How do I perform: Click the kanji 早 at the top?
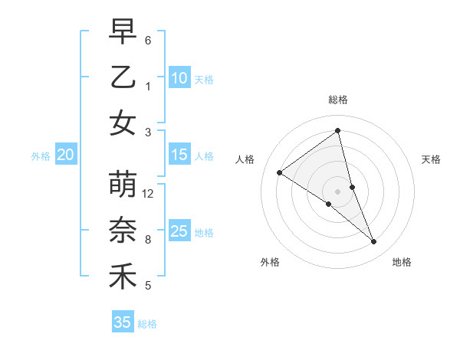tap(123, 32)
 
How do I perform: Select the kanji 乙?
tap(123, 77)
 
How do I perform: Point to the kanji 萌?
tap(123, 185)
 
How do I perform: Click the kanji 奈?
tap(123, 231)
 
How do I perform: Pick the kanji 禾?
tap(123, 277)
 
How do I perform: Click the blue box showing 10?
tap(179, 77)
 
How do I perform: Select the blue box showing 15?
tap(179, 155)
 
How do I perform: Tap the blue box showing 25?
tap(179, 231)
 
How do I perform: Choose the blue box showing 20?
tap(65, 155)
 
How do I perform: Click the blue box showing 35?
tap(122, 322)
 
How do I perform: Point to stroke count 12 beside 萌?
tap(148, 194)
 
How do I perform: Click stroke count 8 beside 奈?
tap(148, 240)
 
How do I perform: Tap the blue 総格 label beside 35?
tap(147, 323)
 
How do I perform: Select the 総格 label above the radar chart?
tap(337, 100)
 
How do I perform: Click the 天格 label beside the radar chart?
tap(431, 159)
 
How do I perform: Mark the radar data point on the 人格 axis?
tap(279, 172)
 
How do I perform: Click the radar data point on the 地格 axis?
tap(374, 242)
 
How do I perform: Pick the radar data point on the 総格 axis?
tap(337, 131)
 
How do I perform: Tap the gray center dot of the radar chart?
tap(337, 191)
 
